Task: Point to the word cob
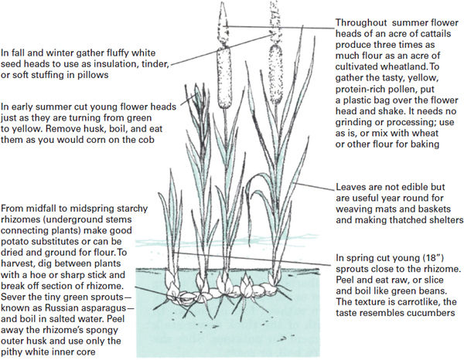(146, 140)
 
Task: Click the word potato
(14, 242)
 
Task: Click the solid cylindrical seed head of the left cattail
(223, 77)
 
